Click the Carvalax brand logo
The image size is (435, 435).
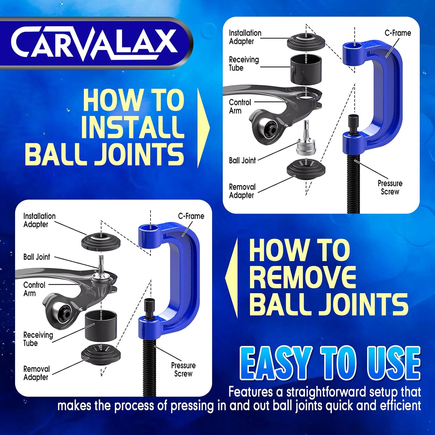coord(94,43)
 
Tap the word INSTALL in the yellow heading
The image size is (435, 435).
coord(133,127)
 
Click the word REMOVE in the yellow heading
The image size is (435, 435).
coord(302,277)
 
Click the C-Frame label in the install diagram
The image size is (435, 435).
coord(398,33)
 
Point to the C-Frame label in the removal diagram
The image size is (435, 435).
coord(191,216)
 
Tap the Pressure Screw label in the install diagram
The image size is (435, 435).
coord(390,187)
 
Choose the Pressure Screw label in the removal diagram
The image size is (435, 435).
coord(183,369)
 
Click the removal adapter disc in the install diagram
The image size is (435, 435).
coord(306,168)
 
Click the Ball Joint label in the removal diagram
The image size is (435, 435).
coord(37,257)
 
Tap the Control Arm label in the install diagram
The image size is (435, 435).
coord(240,106)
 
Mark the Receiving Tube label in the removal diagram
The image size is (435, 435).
coord(38,339)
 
